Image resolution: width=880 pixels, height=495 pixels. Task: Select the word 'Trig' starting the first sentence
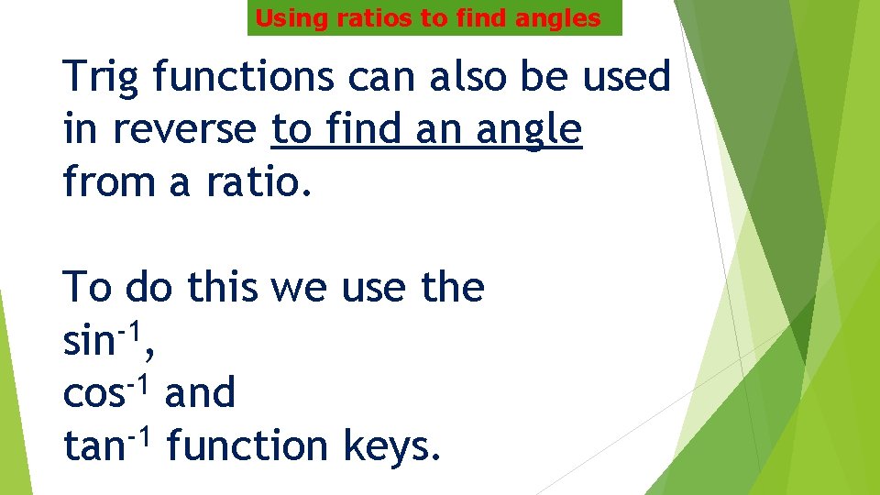[101, 77]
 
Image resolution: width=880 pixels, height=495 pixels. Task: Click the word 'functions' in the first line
[243, 77]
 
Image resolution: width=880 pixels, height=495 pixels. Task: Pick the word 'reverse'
[183, 130]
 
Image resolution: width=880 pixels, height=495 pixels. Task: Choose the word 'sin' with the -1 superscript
[87, 342]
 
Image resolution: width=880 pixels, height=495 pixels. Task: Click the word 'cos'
[93, 394]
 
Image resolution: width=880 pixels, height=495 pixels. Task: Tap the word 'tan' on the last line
[93, 446]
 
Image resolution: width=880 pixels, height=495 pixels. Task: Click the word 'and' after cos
[200, 394]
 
